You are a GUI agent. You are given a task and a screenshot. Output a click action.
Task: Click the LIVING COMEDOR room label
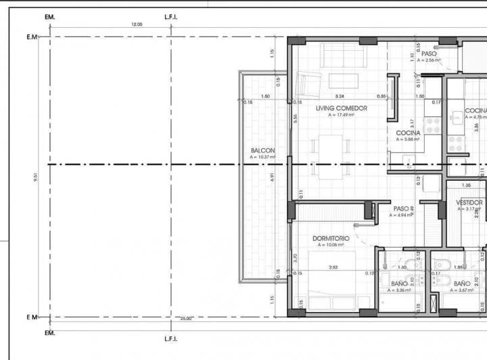[342, 108]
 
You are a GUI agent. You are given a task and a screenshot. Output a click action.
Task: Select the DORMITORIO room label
[331, 238]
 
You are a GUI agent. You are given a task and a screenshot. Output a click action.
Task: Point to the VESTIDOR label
[469, 203]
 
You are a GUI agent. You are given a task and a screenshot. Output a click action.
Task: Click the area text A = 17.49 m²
[342, 115]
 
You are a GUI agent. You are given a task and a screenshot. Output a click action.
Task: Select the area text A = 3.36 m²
[398, 290]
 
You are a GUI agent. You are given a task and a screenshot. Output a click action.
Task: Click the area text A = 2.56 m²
[429, 60]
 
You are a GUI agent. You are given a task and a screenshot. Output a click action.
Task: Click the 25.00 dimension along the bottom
[187, 318]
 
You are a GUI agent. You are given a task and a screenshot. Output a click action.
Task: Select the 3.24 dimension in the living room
[340, 96]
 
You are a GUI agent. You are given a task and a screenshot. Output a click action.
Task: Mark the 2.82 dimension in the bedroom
[333, 267]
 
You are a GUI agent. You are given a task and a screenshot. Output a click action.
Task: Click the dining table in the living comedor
[331, 156]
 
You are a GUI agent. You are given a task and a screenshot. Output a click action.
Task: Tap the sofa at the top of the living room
[342, 54]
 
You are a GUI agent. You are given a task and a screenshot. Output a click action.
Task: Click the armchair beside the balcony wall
[308, 84]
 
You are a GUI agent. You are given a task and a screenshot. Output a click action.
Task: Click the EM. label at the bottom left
[49, 334]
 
